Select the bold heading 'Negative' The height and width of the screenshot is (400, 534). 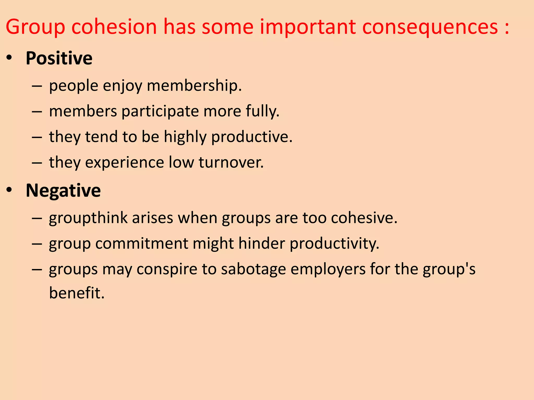(x=63, y=190)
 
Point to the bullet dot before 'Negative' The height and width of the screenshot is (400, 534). (x=9, y=190)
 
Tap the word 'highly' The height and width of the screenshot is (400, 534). (x=185, y=137)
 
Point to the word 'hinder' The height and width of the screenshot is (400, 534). (x=262, y=243)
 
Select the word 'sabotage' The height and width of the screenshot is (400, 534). (x=253, y=269)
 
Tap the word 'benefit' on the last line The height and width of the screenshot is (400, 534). (x=76, y=293)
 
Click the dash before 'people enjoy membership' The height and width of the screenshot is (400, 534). (x=37, y=86)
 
